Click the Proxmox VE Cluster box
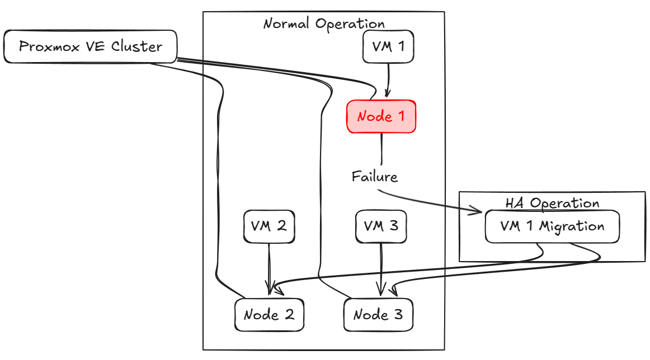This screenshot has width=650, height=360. [90, 46]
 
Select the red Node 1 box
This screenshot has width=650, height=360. [381, 116]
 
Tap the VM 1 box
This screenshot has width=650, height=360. [388, 46]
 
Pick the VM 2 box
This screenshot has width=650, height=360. [269, 226]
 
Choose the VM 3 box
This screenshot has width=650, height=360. [381, 226]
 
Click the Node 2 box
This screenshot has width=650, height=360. [269, 314]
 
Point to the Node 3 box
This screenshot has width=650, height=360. [378, 314]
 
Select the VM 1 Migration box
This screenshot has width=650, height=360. [552, 226]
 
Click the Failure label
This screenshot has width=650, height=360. [375, 177]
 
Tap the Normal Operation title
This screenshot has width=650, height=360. [324, 24]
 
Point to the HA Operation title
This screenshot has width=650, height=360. [552, 203]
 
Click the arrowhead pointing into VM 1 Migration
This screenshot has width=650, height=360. [477, 211]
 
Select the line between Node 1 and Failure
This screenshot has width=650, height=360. [381, 149]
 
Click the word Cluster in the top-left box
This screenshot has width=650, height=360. [136, 46]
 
